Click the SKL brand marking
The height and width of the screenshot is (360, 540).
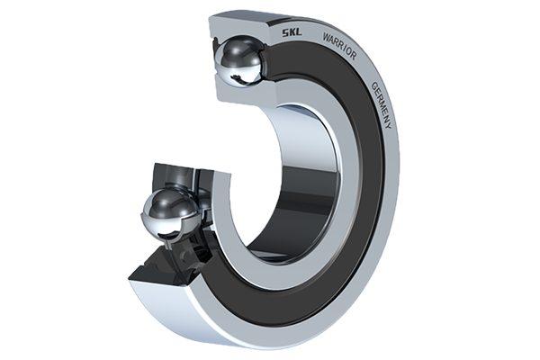(x=292, y=32)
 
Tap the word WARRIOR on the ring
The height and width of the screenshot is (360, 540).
(x=339, y=46)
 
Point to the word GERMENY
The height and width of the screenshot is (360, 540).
(x=382, y=105)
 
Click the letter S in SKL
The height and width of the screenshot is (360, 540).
(x=286, y=32)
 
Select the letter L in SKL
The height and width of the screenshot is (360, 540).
(x=299, y=33)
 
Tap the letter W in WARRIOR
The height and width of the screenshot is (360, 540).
(x=326, y=37)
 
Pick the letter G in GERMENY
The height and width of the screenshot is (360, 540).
(x=373, y=85)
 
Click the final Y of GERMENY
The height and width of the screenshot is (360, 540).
(x=389, y=126)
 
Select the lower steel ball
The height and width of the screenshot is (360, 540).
(x=169, y=216)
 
